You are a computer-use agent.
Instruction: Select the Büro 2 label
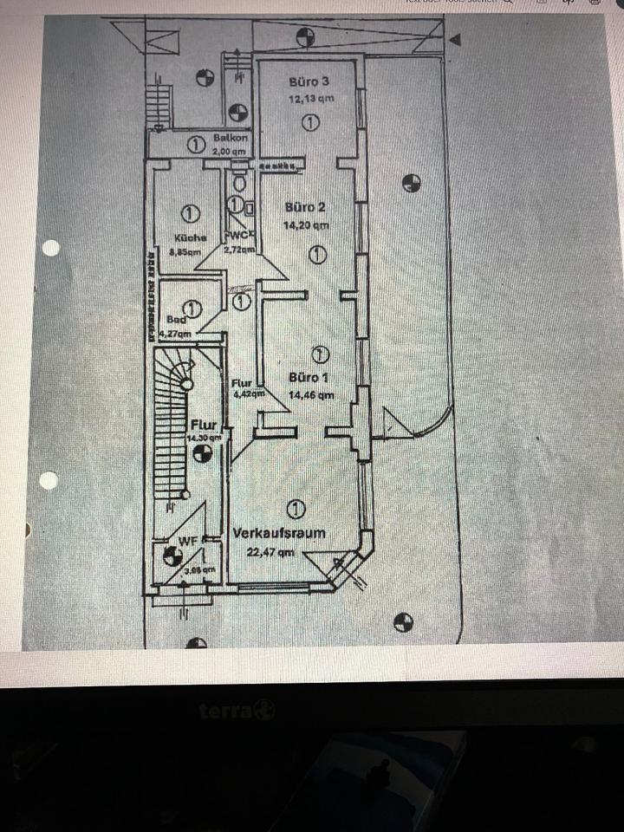tap(305, 207)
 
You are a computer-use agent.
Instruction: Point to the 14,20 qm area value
tap(307, 225)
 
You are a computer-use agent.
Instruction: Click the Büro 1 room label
tap(309, 378)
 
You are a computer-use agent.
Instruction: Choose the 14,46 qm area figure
tap(312, 394)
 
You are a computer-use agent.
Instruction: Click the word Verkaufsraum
tap(279, 533)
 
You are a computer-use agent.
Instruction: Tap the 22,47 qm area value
tap(270, 550)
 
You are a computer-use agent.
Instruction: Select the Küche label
tap(188, 237)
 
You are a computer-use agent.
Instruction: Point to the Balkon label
tap(231, 138)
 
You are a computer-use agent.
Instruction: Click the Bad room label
tap(176, 318)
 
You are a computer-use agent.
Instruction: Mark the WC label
tap(238, 235)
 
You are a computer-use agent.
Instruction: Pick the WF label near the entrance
tap(188, 542)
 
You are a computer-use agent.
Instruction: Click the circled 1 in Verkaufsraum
tap(296, 508)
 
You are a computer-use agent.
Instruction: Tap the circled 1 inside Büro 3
tap(310, 123)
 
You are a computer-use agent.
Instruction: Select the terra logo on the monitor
tap(237, 712)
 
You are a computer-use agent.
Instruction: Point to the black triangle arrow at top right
tap(456, 39)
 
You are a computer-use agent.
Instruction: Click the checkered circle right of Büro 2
tap(412, 183)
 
